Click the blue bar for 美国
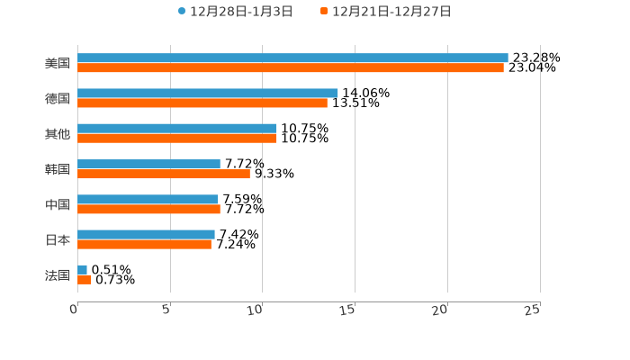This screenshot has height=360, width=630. (x=292, y=58)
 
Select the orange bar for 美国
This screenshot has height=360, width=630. (x=291, y=68)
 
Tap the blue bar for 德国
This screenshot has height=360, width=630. (x=208, y=93)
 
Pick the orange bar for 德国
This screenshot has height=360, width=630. (x=202, y=103)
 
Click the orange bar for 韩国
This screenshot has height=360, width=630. (x=164, y=174)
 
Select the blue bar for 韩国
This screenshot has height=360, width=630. (x=148, y=164)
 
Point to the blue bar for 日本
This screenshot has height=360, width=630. (x=146, y=234)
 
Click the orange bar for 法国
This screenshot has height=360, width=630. (x=85, y=280)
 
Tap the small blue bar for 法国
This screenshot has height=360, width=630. (x=83, y=269)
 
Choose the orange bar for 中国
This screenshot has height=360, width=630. (x=148, y=209)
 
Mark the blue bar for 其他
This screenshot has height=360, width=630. (x=177, y=129)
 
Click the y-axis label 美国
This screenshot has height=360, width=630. (x=58, y=63)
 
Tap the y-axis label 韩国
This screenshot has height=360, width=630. (x=58, y=169)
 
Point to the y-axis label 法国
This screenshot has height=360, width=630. (x=58, y=274)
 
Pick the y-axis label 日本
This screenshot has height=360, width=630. (x=58, y=239)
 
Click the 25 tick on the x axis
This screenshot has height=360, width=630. (x=533, y=310)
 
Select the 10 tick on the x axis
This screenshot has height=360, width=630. (x=256, y=310)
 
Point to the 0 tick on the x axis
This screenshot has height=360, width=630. (x=74, y=310)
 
